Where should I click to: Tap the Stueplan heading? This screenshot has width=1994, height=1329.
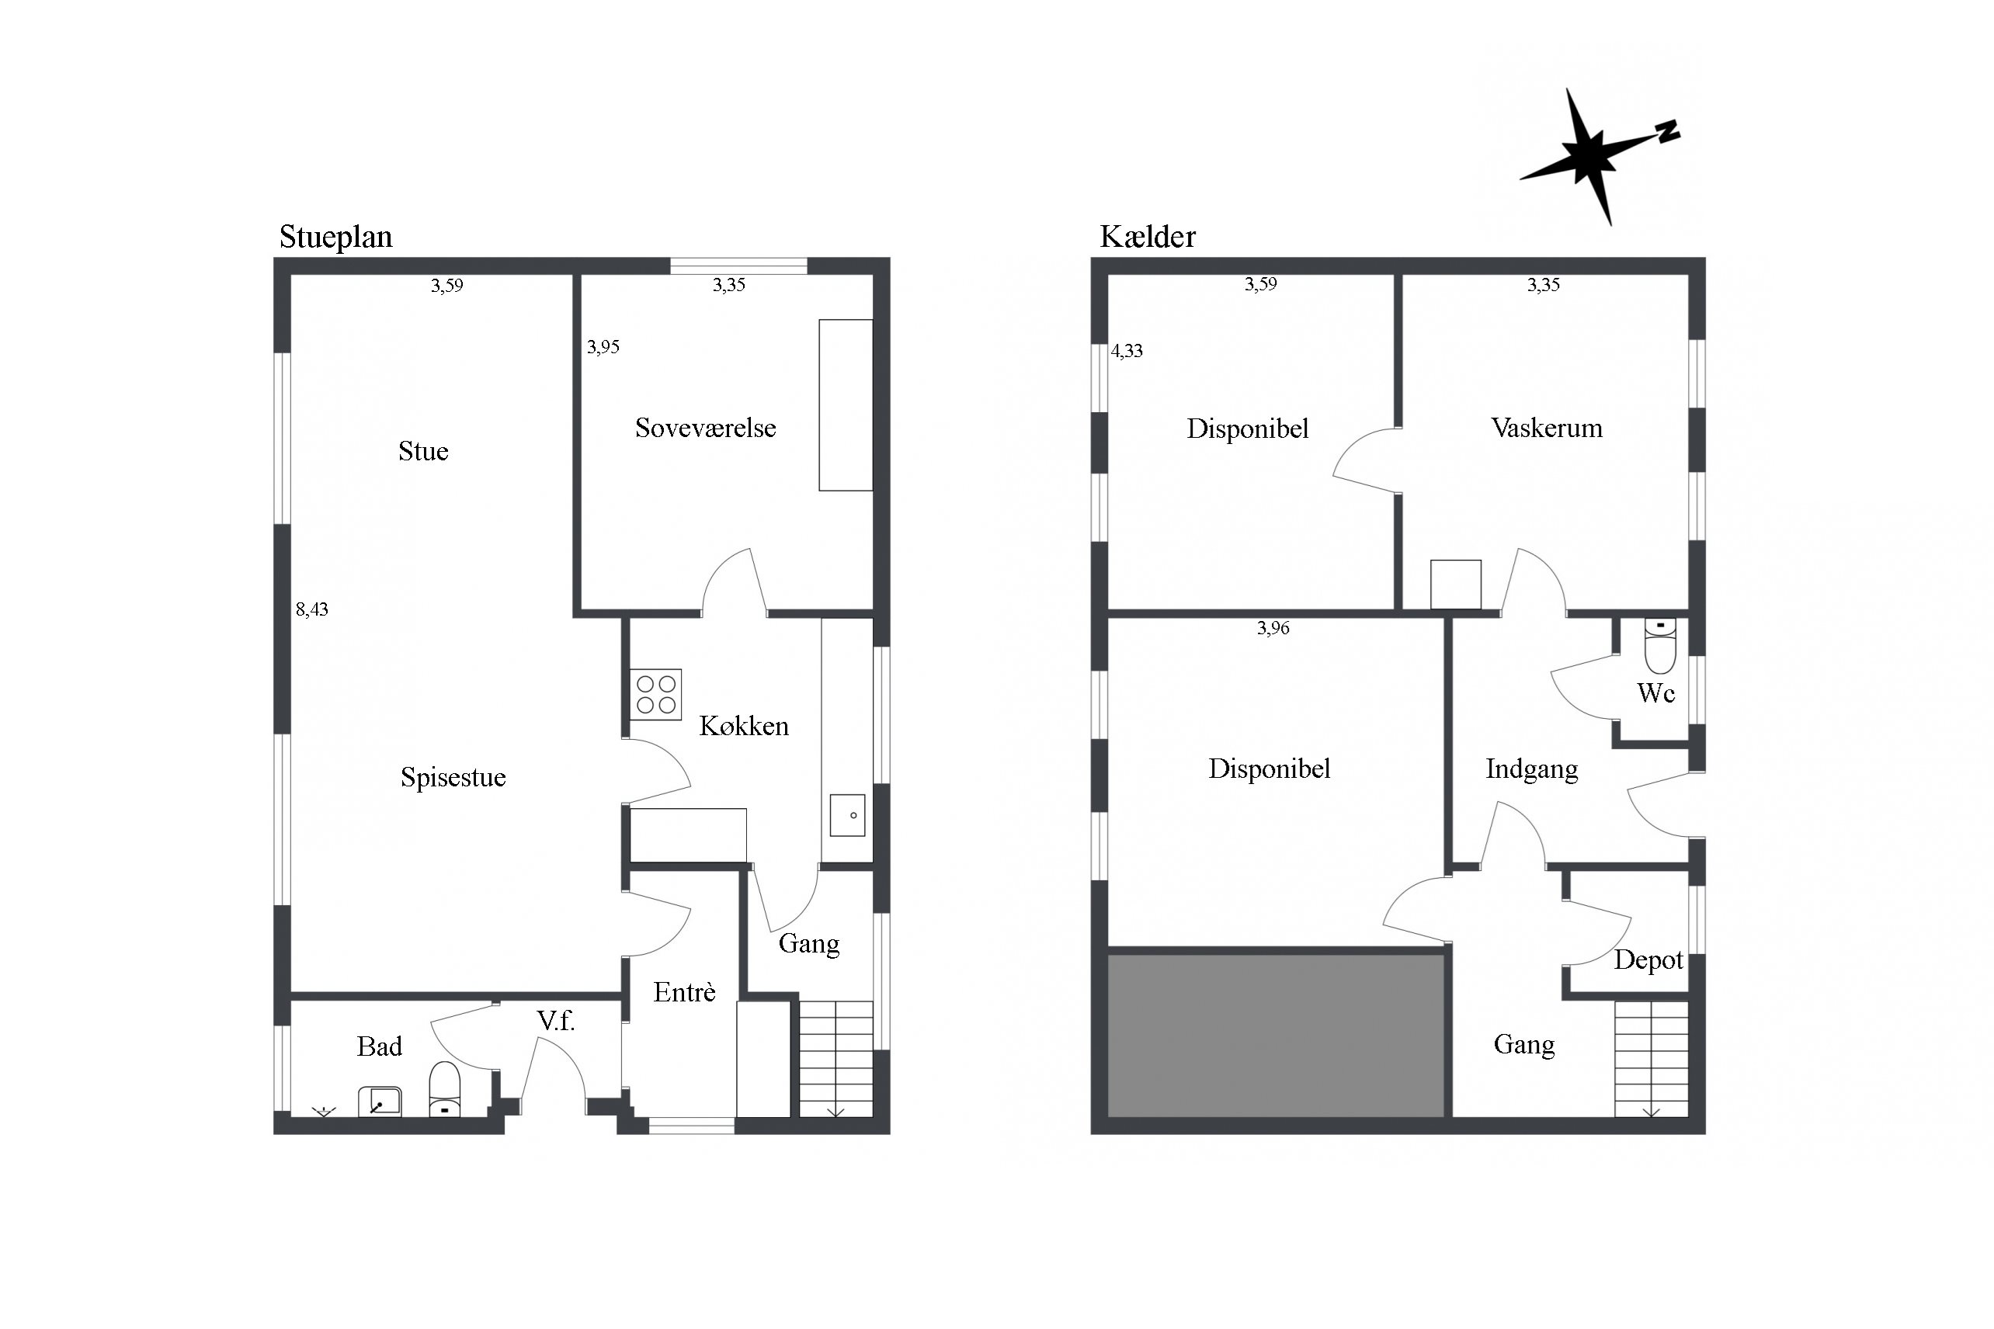tap(335, 238)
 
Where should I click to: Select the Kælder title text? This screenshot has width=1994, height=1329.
tap(1147, 237)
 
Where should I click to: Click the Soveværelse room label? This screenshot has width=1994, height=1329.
tap(705, 428)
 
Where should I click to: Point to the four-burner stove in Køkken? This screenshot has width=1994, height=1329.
tap(655, 694)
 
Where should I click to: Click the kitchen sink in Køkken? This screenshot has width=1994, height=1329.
tap(847, 814)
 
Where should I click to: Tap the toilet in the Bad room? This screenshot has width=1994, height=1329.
tap(444, 1090)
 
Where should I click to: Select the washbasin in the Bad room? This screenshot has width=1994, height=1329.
tap(380, 1102)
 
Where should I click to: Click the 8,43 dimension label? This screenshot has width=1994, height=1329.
tap(312, 609)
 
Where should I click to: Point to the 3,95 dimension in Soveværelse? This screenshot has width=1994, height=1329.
tap(603, 347)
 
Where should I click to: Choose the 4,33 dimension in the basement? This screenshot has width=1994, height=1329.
tap(1127, 351)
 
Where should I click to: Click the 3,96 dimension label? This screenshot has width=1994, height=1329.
tap(1273, 628)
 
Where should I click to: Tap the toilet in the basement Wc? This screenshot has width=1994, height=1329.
tap(1660, 646)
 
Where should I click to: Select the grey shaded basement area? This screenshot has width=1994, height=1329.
tap(1276, 1036)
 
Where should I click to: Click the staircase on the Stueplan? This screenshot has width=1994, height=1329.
tap(836, 1060)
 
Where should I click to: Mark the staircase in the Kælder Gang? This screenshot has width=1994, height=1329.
tap(1651, 1060)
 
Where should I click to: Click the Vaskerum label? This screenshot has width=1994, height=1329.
tap(1547, 428)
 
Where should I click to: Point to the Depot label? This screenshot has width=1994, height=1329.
tap(1648, 960)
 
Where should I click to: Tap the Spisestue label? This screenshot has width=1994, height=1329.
tap(453, 777)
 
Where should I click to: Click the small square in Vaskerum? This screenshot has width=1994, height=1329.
tap(1456, 584)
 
